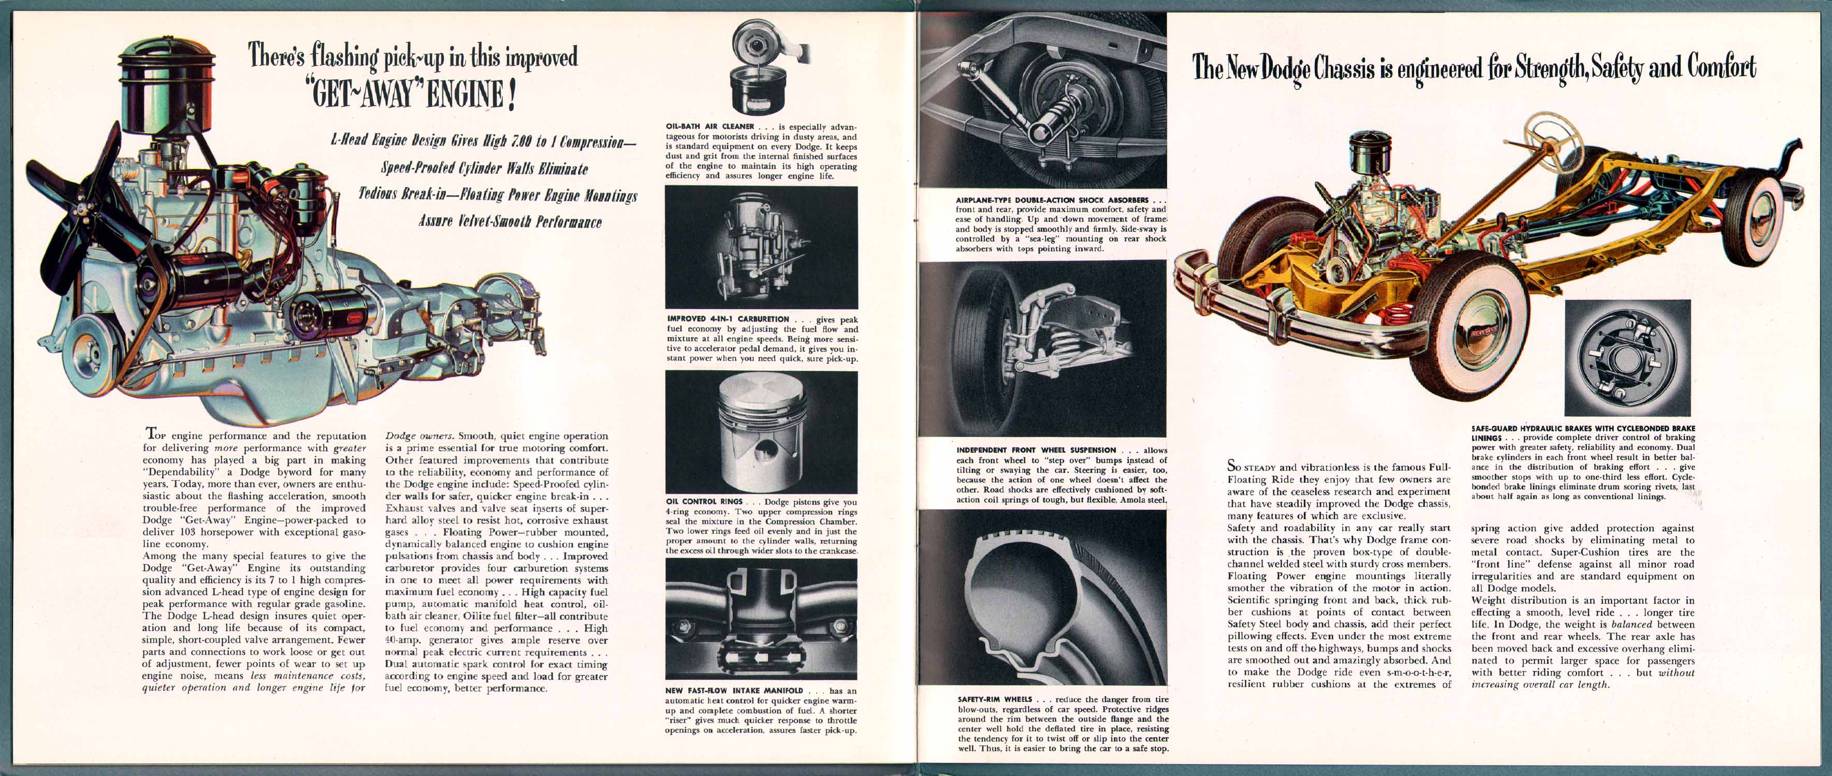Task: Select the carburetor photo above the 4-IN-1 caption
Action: (x=761, y=247)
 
